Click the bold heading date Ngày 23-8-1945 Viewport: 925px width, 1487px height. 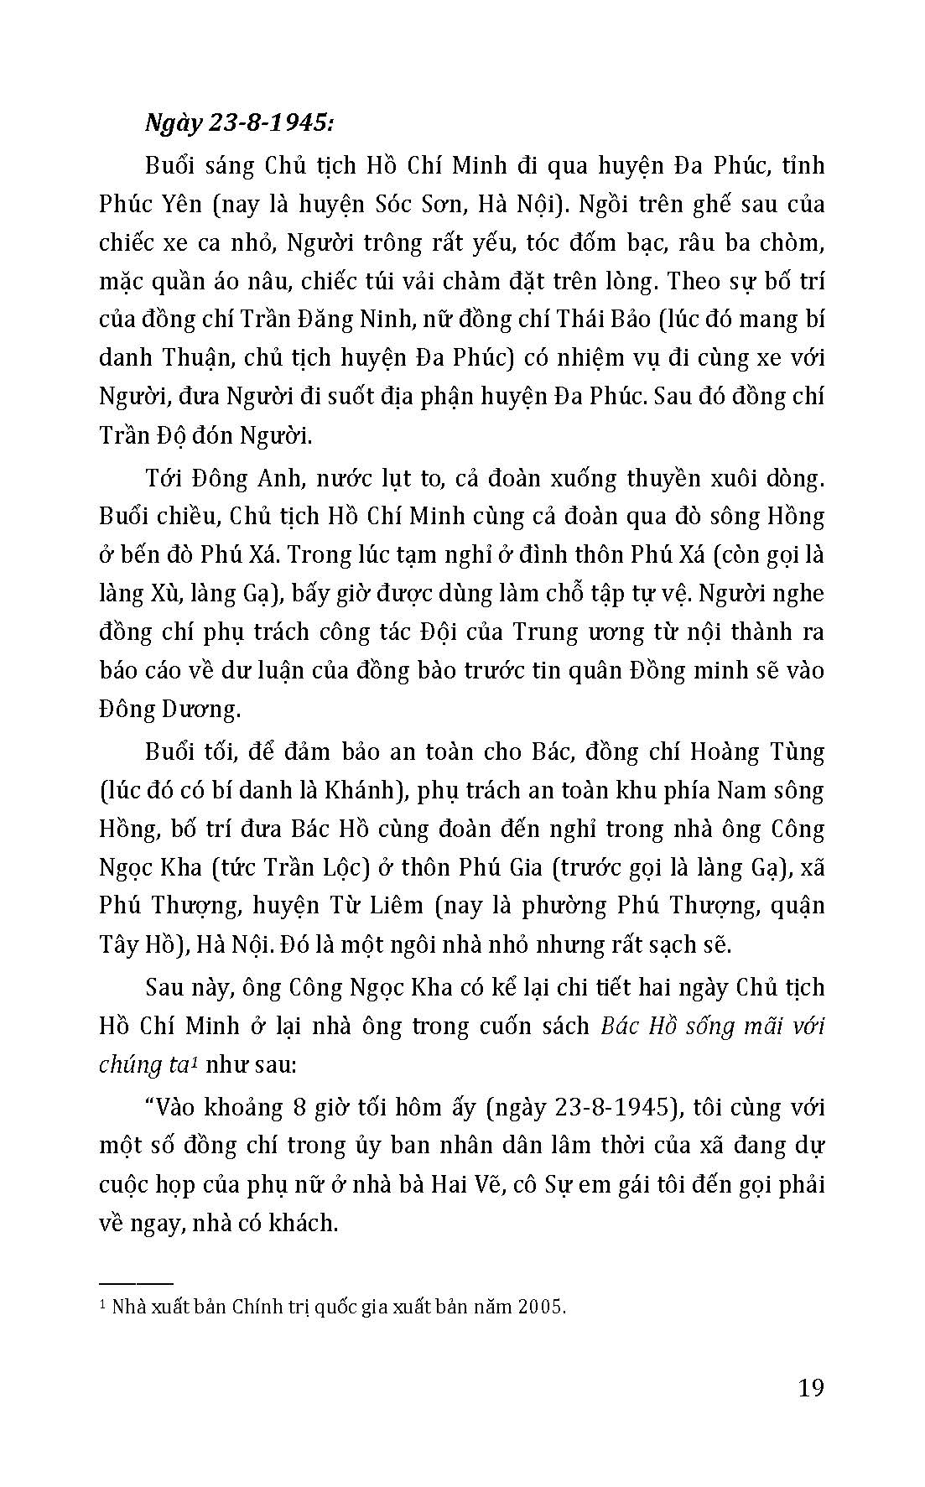(239, 124)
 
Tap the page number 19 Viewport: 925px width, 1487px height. (811, 1388)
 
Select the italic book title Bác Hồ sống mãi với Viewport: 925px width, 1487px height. (714, 1026)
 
